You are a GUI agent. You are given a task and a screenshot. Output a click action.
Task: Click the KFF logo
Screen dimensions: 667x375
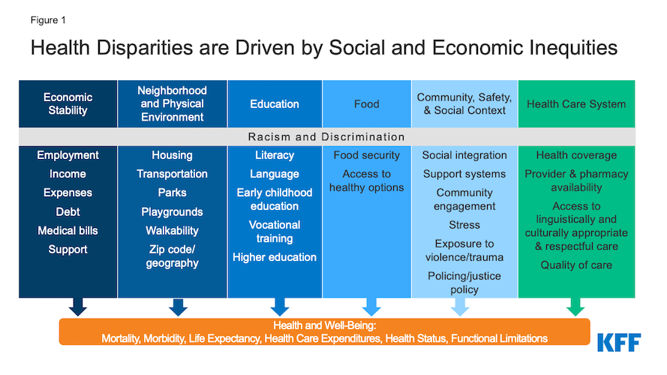(x=619, y=342)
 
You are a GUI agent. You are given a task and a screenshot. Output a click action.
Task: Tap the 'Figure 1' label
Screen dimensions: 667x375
(x=48, y=20)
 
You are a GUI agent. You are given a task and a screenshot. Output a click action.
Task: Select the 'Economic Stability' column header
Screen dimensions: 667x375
(x=68, y=103)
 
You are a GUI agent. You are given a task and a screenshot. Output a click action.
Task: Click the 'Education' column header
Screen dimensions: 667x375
(x=275, y=104)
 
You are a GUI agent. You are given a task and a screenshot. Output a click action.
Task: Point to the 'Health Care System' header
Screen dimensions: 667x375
(x=576, y=104)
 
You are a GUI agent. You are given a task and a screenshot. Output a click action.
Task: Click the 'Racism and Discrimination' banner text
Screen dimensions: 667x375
(x=326, y=137)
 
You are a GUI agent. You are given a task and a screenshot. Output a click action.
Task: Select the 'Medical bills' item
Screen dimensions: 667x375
(x=68, y=230)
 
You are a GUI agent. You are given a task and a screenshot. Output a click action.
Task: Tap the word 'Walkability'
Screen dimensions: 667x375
(x=173, y=230)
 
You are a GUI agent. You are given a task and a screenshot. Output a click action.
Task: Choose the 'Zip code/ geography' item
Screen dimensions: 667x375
(x=173, y=256)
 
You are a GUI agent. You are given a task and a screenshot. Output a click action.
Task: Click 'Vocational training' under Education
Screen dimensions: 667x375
(x=275, y=231)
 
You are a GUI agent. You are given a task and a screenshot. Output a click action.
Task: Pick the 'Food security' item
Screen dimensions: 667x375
(x=367, y=155)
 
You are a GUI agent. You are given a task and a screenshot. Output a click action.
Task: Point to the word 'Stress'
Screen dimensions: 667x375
(x=464, y=225)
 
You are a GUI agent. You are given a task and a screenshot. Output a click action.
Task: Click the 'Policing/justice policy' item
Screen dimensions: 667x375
(x=464, y=282)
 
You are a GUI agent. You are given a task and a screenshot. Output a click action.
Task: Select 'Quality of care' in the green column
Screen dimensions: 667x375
(x=576, y=265)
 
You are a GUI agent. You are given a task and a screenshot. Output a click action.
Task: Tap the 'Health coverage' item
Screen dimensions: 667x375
(x=576, y=155)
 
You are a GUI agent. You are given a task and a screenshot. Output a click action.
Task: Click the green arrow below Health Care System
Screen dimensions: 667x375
(x=575, y=307)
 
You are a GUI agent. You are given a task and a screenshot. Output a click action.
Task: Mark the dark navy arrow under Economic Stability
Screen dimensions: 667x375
(x=78, y=307)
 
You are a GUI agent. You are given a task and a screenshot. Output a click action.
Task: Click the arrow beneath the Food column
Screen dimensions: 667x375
(x=371, y=307)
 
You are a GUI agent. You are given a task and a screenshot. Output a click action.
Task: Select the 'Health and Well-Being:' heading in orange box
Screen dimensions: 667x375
(x=325, y=325)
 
